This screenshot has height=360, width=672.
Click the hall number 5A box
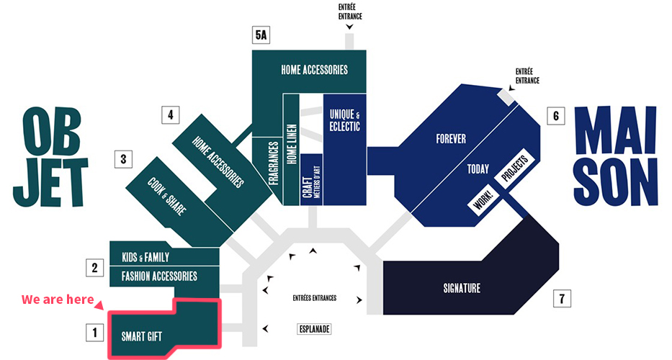click(261, 35)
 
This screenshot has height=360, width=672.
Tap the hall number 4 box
click(171, 115)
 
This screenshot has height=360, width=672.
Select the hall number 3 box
click(123, 159)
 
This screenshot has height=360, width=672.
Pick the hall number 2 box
click(95, 268)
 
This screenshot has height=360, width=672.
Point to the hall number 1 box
click(95, 333)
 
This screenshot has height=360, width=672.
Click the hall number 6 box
click(556, 116)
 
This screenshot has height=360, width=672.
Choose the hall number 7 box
click(562, 298)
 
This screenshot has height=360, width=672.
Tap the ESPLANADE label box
click(314, 329)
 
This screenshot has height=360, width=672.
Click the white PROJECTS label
click(515, 168)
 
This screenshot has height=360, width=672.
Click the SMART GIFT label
click(141, 336)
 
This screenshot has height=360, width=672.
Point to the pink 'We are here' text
click(58, 299)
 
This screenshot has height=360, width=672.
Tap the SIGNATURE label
click(462, 288)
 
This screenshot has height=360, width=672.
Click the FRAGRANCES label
click(274, 163)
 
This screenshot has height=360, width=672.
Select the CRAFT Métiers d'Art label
click(311, 181)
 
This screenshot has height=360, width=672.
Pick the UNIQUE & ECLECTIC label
click(344, 120)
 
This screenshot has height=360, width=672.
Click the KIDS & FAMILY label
click(145, 257)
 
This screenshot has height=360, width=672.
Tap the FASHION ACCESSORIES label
click(159, 276)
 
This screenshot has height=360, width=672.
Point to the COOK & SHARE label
click(166, 197)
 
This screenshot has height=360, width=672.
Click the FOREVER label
click(451, 139)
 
